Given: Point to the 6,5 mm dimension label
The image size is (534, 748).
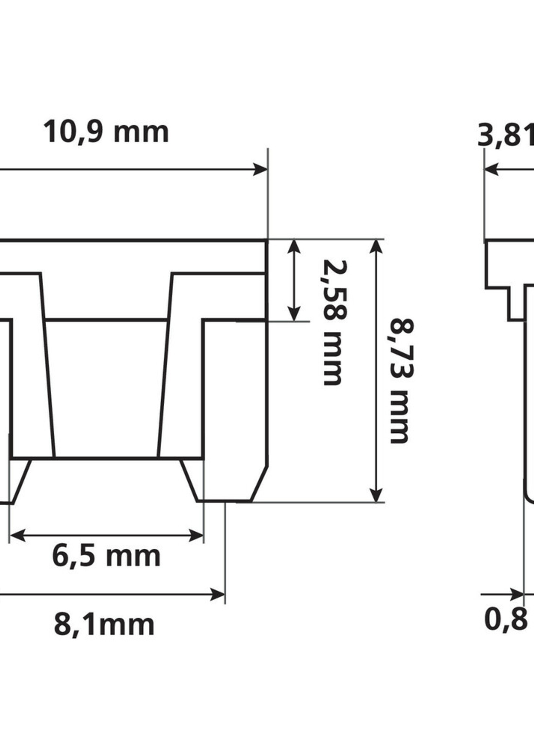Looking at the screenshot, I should click(106, 557).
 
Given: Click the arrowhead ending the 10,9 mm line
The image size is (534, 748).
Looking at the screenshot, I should click(261, 169).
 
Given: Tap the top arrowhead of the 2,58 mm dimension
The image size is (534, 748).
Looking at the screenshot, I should click(294, 247).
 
